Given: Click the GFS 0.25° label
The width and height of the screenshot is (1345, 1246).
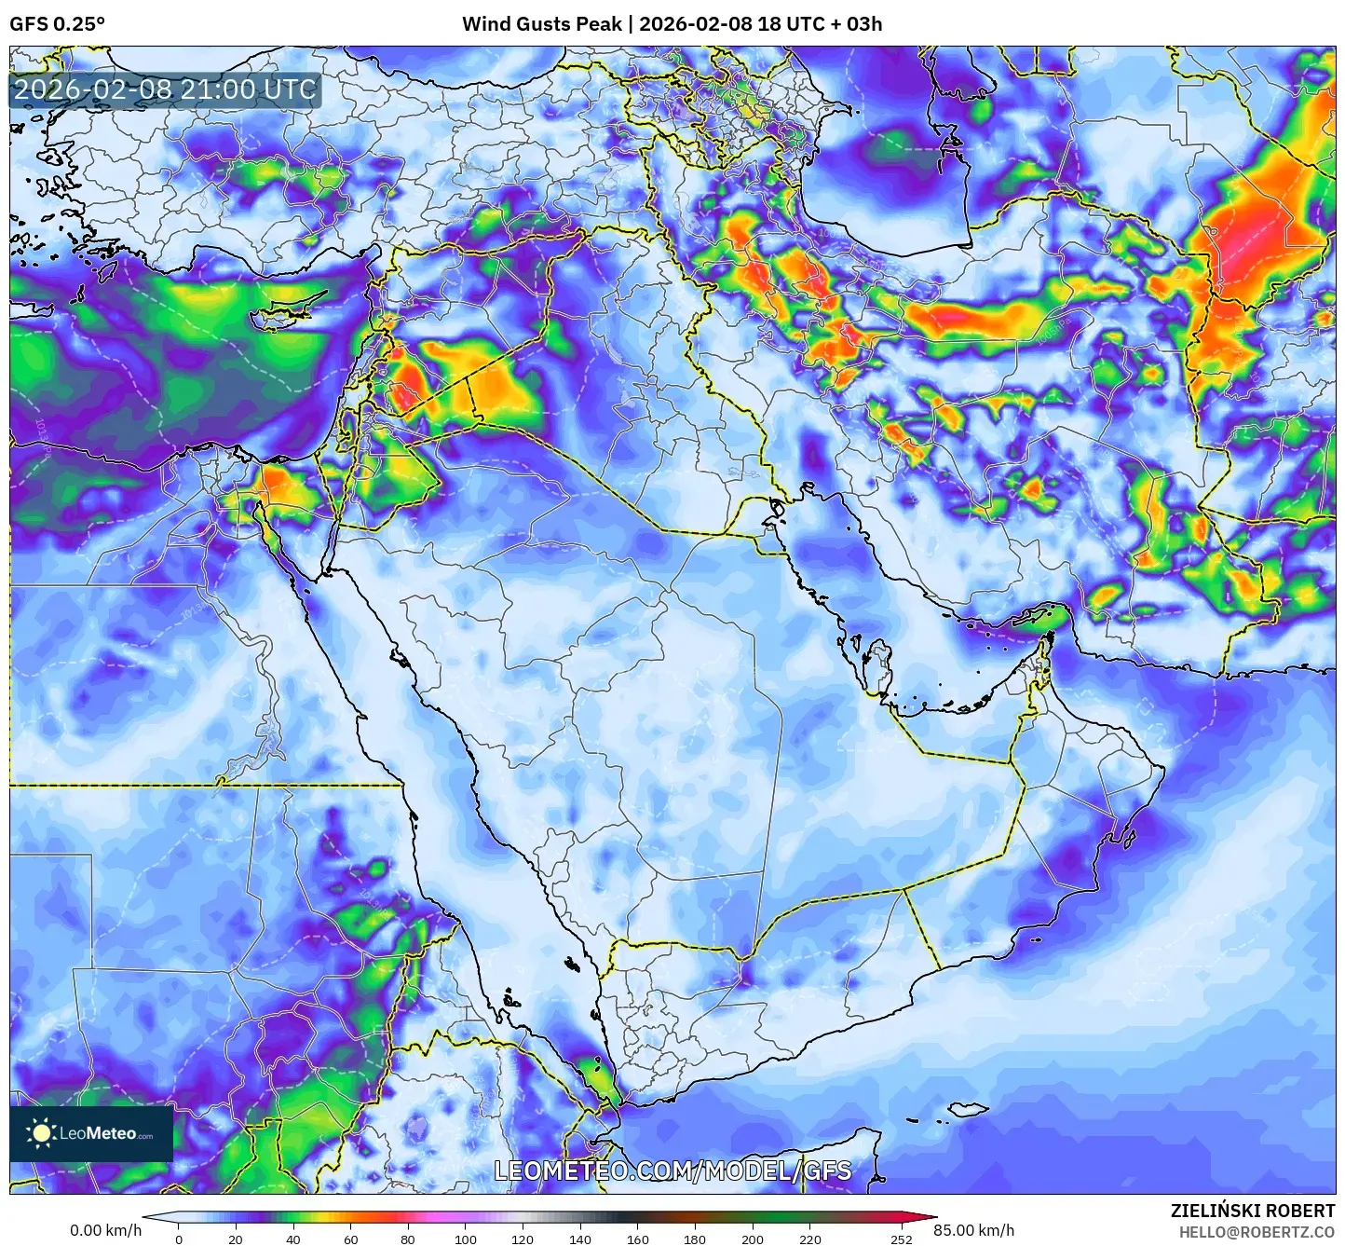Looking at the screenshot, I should (x=57, y=24).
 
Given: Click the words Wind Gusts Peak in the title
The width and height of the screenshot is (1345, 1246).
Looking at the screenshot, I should (x=541, y=24).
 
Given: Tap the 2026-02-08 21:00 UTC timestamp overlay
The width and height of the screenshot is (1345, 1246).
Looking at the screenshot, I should (x=165, y=90).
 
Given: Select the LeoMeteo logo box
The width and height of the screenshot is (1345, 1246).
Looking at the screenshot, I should (x=91, y=1133).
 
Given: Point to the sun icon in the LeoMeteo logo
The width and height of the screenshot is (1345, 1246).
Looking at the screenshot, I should (x=41, y=1133).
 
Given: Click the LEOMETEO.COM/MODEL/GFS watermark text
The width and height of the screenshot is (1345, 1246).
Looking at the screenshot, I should (x=672, y=1171).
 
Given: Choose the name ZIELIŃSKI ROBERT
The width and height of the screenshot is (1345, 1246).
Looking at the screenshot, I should (x=1253, y=1211).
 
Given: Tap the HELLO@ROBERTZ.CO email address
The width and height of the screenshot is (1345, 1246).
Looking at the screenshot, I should (x=1257, y=1232).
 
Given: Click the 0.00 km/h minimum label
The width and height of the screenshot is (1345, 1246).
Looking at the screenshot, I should (x=105, y=1230).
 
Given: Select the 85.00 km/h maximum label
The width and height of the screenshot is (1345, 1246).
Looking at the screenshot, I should (x=974, y=1230).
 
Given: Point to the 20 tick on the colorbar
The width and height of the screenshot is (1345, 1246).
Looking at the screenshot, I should (x=236, y=1239).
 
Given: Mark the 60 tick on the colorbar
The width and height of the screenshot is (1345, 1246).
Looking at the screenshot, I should (x=350, y=1239).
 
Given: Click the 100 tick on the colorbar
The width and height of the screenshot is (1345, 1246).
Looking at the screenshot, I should (x=466, y=1239).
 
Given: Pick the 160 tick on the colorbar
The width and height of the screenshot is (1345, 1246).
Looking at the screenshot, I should (x=638, y=1239).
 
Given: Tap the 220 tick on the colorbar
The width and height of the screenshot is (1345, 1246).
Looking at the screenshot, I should (x=810, y=1239).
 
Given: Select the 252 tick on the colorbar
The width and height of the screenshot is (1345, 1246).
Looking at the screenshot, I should (x=901, y=1239).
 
